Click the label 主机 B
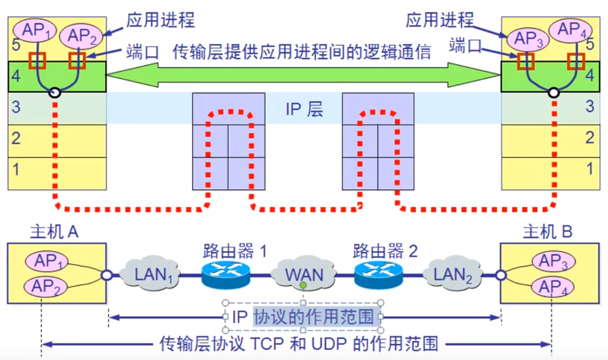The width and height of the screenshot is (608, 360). click(548, 232)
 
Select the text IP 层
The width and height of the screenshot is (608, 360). click(304, 109)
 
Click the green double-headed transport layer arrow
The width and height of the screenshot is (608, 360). click(303, 76)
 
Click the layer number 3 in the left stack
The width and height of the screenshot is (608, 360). click(17, 107)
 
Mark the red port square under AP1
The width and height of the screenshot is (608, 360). click(38, 60)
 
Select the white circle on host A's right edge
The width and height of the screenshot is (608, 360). click(106, 275)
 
